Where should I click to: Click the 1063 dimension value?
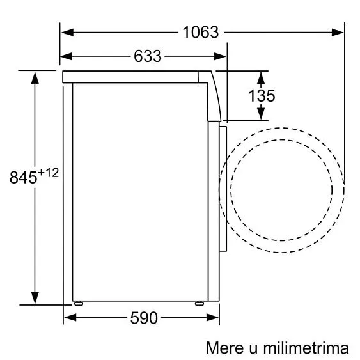201,31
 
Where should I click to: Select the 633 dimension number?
148,56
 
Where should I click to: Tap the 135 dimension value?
262,96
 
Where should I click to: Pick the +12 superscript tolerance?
49,173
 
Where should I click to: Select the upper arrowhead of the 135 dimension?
262,77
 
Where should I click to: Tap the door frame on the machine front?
223,189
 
